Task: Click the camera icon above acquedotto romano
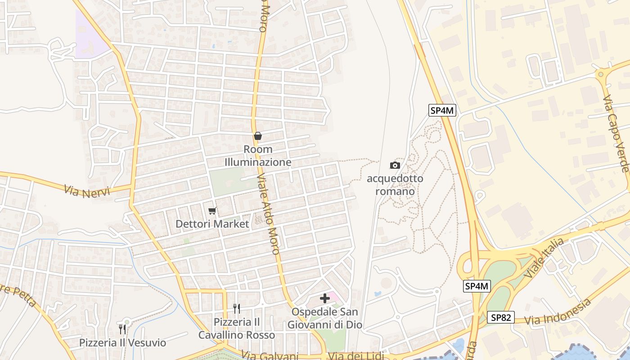[395, 165]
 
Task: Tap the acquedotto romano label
[395, 185]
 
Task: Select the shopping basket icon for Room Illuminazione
[258, 136]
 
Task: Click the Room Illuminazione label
[258, 155]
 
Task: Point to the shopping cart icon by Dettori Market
[212, 211]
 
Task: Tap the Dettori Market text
[212, 224]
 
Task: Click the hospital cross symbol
[325, 298]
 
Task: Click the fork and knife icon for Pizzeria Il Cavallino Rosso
[237, 309]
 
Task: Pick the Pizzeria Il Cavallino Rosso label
[237, 328]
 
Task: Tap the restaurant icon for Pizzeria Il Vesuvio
[122, 329]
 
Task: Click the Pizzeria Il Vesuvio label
[122, 343]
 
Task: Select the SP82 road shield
[500, 317]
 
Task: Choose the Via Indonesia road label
[558, 312]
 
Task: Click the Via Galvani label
[270, 356]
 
